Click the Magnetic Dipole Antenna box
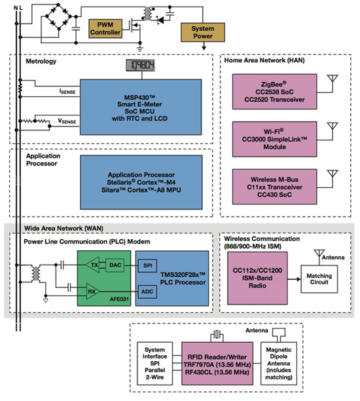[283, 365]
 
